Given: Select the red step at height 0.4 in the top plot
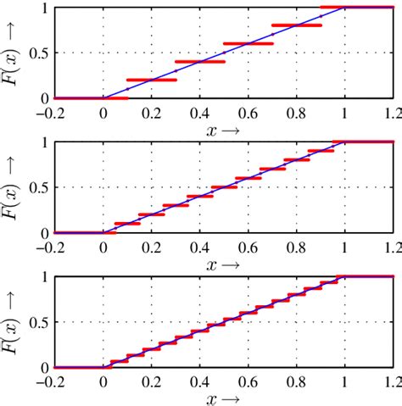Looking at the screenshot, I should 200,62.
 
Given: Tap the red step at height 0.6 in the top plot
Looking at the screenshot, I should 248,43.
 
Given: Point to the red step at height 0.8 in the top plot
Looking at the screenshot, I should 297,25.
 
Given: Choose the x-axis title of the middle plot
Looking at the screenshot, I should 224,264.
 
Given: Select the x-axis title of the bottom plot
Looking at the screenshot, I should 224,398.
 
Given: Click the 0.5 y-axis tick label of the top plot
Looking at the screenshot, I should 40,53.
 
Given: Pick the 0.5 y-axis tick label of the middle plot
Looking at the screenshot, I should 40,187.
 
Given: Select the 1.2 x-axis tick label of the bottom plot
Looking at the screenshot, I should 391,380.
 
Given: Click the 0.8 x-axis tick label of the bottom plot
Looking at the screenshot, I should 297,380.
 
